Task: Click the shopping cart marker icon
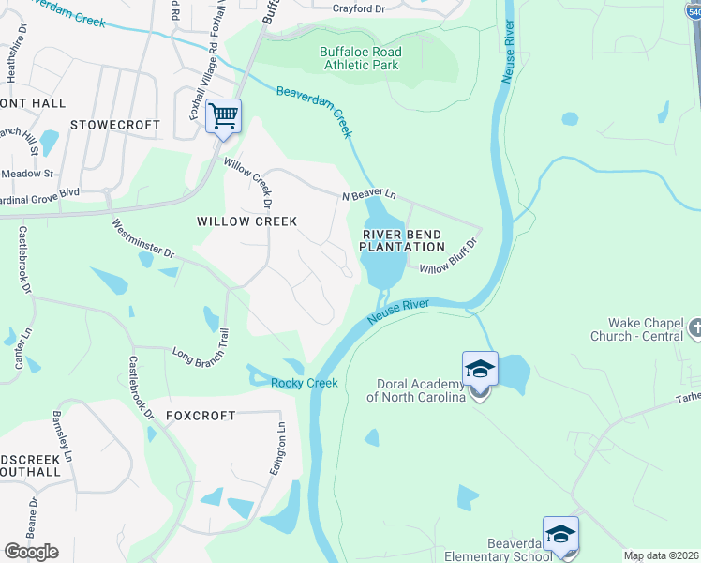[x=223, y=116]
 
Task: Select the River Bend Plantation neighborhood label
[x=402, y=240]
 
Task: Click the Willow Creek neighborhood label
[x=246, y=221]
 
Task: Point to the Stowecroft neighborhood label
[x=114, y=125]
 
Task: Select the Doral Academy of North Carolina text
[x=421, y=390]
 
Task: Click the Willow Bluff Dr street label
[x=449, y=256]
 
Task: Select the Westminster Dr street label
[x=143, y=239]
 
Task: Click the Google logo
[x=31, y=551]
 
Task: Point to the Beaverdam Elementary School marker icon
[x=560, y=535]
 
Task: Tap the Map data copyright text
[x=661, y=555]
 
